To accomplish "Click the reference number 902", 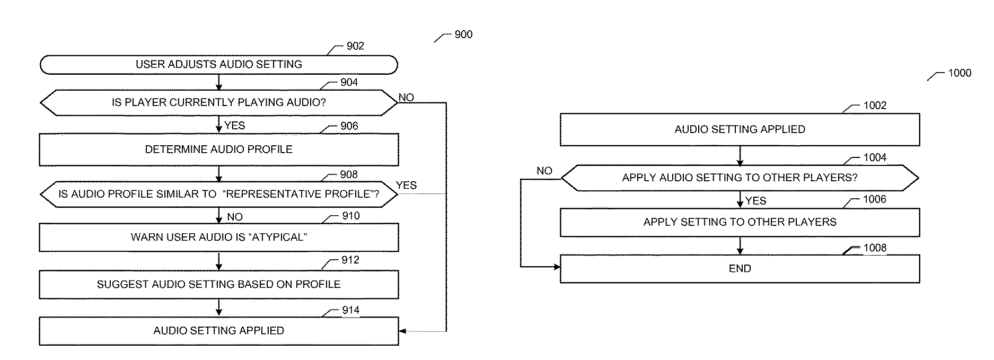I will pos(355,46).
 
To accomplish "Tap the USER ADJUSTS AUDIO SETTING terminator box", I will pos(218,65).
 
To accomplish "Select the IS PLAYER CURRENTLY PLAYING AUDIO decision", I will pos(218,102).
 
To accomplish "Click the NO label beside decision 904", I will pos(406,98).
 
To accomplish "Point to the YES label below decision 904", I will pos(235,126).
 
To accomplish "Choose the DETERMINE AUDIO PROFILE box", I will pos(218,150).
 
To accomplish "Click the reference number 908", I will pos(349,174).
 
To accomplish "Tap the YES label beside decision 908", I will pos(406,185).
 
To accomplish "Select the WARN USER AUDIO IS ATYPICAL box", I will pos(218,237).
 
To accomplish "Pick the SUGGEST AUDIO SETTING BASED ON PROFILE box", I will pos(218,284).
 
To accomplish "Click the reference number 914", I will pos(350,310).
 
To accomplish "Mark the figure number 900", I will pos(463,34).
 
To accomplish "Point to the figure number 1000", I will pos(960,73).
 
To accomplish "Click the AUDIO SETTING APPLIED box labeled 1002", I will pos(740,129).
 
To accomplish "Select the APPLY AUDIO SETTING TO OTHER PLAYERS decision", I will pos(740,178).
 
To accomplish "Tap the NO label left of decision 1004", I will pos(544,171).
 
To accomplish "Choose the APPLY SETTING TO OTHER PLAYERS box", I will pos(740,222).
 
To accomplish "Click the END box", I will pos(740,269).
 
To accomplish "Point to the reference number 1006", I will pos(875,199).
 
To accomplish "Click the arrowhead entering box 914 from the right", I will pos(402,331).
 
